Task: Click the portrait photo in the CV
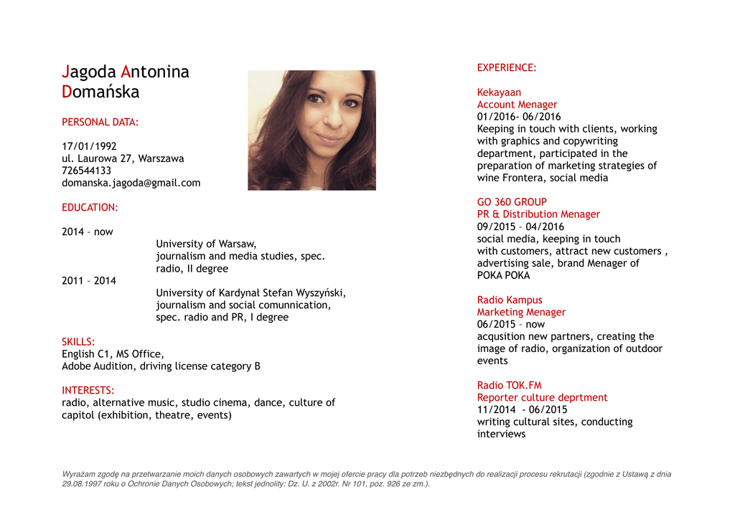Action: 312,130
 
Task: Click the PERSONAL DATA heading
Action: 100,122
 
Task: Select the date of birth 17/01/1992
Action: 89,146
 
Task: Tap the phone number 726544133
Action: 86,171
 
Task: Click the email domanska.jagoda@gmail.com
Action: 131,183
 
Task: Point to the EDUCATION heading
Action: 90,207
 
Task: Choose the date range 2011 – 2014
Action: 89,280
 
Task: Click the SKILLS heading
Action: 78,342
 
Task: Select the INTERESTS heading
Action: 88,391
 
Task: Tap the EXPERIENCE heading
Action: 507,67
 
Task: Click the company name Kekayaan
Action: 499,92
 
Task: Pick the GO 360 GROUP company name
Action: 512,202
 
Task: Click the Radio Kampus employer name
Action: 510,300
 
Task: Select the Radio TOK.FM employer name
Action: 510,385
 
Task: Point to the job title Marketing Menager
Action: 521,312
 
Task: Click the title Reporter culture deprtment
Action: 542,397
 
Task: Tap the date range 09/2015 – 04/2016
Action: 520,227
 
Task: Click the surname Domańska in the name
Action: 100,92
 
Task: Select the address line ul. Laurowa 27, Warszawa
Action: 123,158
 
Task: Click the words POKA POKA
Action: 503,275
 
